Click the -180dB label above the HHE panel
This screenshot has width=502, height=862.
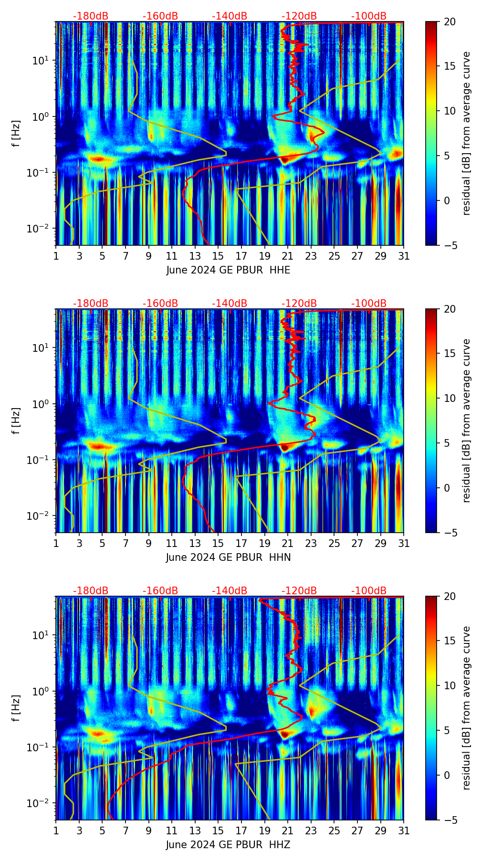click(91, 16)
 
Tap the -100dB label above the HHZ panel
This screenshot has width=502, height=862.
click(369, 591)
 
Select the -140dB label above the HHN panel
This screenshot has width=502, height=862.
click(230, 304)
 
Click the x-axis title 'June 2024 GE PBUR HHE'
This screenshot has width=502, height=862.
click(228, 270)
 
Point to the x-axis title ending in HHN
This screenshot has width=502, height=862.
click(228, 557)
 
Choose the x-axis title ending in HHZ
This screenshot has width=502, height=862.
click(228, 845)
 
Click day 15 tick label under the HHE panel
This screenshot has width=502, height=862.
click(218, 256)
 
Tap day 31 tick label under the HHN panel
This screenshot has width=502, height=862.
click(404, 544)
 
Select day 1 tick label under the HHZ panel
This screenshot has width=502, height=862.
click(56, 831)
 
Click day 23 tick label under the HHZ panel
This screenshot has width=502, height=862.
click(311, 831)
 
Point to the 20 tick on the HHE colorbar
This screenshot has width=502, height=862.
click(450, 21)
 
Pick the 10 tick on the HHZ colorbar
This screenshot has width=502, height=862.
click(450, 685)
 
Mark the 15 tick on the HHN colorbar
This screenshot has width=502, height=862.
click(450, 354)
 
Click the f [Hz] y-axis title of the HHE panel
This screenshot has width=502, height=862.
click(16, 134)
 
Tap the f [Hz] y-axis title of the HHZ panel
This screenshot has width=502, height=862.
click(16, 708)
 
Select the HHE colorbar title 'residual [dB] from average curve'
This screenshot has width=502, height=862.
click(467, 134)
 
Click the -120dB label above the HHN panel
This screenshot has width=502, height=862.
click(299, 304)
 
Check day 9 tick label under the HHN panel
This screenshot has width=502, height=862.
click(148, 544)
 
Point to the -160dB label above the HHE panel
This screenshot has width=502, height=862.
click(160, 16)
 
